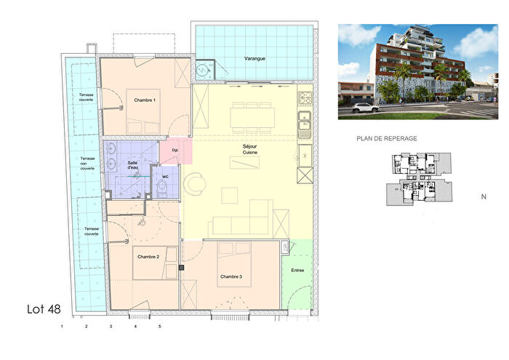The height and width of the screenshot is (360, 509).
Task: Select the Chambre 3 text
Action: (231, 277)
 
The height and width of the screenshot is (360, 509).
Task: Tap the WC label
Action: (166, 176)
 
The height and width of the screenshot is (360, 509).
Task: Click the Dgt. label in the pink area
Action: (175, 151)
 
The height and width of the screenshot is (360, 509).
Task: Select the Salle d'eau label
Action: (133, 167)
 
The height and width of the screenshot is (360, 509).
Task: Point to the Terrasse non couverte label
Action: (88, 165)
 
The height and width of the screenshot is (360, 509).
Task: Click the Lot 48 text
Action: (44, 310)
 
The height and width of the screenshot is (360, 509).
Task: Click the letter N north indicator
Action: (484, 196)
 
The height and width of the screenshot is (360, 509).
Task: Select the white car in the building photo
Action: (365, 108)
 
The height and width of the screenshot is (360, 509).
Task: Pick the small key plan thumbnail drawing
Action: (416, 179)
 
